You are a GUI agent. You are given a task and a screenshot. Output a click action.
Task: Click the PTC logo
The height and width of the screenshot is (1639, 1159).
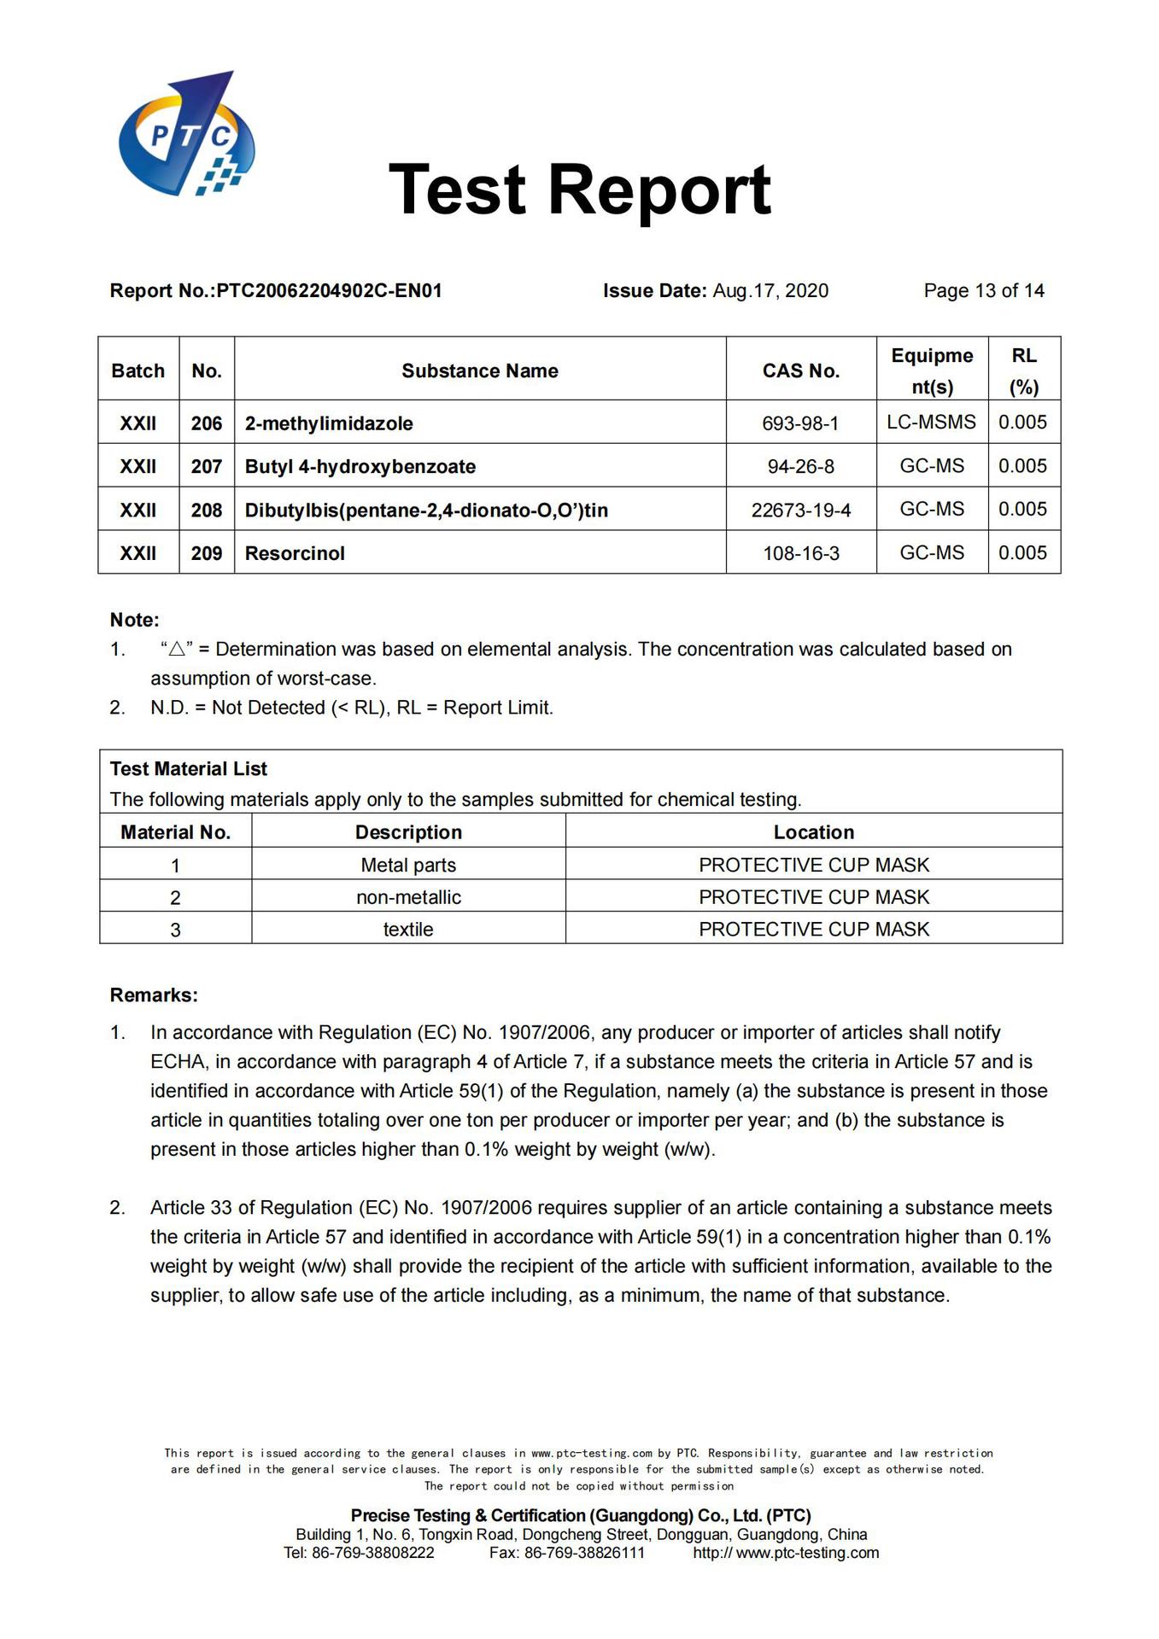point(186,135)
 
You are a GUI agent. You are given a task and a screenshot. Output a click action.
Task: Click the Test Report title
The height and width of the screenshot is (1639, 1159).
point(580,189)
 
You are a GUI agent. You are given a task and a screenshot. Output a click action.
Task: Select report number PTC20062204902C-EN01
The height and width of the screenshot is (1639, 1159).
point(329,291)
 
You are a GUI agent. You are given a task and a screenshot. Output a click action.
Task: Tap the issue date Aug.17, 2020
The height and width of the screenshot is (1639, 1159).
point(770,291)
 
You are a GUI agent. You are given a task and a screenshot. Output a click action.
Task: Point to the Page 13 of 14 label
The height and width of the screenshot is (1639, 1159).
point(983,291)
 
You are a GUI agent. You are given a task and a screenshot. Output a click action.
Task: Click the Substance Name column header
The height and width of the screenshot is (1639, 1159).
point(480,370)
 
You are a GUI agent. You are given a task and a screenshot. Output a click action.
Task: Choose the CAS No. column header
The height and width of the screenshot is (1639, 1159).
point(800,370)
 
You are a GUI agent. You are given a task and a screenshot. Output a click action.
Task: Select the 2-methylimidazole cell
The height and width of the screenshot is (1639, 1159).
point(329,423)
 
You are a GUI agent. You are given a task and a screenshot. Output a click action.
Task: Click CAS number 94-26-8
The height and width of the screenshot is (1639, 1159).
point(800,467)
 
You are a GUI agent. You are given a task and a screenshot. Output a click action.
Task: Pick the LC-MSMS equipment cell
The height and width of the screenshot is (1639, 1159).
point(931,422)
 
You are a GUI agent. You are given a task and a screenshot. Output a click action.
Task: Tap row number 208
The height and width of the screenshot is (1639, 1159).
point(207,510)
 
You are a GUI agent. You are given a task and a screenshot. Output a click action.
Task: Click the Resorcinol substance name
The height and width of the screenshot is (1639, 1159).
point(295,553)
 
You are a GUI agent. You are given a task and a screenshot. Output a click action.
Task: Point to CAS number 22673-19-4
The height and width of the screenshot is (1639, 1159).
point(800,510)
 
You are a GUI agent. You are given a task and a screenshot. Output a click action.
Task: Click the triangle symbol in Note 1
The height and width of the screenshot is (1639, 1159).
point(177,650)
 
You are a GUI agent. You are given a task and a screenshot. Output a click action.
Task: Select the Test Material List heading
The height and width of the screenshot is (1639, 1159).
point(189,769)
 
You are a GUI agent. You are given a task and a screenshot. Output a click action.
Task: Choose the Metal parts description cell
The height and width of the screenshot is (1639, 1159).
point(408,866)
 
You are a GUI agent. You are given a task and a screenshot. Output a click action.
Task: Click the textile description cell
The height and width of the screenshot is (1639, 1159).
point(408,930)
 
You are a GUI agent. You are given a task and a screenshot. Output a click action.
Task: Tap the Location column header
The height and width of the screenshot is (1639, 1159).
point(813,832)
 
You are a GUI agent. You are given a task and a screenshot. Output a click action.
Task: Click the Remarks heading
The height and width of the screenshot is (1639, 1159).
point(154,995)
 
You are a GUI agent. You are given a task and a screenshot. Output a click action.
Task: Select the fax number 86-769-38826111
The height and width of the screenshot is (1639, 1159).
point(584,1553)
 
